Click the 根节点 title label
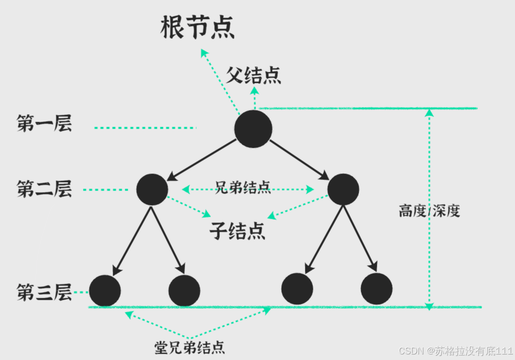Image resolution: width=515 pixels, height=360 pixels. point(197,29)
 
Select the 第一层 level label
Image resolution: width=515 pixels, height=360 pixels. point(44,124)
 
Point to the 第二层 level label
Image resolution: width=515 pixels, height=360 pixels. point(44,189)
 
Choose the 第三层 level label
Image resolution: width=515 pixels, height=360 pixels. point(44,292)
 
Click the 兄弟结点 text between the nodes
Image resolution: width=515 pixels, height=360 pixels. point(243,188)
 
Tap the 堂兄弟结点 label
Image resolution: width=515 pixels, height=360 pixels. point(189,347)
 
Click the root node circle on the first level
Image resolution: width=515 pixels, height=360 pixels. point(253,129)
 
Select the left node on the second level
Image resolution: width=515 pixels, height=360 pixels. point(152,190)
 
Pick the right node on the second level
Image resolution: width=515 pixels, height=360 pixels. point(343,190)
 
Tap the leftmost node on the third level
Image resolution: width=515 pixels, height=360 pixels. point(105,291)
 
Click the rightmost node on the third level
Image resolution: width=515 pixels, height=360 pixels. point(376,289)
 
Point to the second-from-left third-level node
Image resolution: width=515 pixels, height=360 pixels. point(184,291)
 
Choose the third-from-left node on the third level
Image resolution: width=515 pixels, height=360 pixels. point(297,289)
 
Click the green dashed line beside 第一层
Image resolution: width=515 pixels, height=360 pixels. point(145,128)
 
